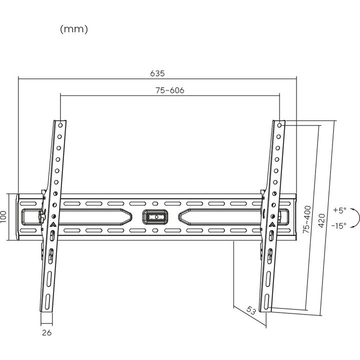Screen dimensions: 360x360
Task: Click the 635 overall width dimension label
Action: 157,73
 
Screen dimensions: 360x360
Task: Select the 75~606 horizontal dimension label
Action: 170,90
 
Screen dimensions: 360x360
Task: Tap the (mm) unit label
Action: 74,29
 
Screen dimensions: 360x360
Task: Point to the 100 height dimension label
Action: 3,216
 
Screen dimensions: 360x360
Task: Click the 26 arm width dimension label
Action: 47,332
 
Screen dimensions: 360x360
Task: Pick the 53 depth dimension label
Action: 251,310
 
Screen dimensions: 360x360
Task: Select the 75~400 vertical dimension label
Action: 306,219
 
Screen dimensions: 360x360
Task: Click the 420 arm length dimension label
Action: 321,220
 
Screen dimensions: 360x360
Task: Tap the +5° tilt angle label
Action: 339,210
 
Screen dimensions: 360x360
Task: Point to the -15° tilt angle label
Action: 339,225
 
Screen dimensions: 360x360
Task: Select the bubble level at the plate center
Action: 155,216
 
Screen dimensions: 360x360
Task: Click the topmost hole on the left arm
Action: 60,125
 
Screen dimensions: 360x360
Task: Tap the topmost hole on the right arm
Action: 279,125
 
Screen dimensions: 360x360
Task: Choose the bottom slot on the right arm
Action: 266,302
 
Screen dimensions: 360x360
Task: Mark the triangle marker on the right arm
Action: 272,224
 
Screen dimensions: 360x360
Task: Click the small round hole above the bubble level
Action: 155,203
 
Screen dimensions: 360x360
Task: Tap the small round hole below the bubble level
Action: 155,230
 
